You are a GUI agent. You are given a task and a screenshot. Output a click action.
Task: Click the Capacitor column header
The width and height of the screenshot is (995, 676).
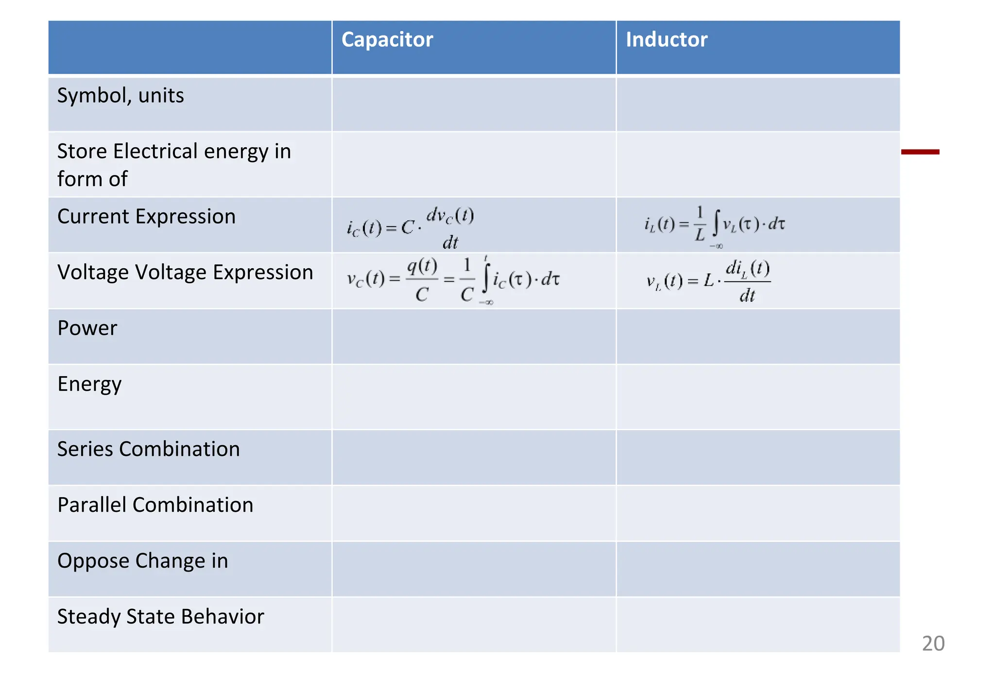[387, 40]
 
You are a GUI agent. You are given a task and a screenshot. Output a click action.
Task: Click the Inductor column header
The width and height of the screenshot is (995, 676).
[666, 40]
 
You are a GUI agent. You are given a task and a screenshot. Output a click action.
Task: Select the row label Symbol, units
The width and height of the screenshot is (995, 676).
[120, 96]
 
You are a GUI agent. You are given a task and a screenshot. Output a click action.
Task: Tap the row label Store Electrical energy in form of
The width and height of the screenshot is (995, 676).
[173, 165]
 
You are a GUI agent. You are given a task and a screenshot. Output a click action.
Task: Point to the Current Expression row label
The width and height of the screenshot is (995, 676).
[146, 217]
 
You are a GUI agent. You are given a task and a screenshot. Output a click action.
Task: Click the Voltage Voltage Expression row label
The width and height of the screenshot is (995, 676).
[185, 273]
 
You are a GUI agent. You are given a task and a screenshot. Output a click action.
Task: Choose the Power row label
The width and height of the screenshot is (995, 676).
[87, 329]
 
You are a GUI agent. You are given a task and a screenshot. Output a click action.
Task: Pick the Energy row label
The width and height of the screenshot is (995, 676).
[89, 384]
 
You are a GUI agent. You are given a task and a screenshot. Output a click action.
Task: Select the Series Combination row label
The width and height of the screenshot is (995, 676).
[148, 449]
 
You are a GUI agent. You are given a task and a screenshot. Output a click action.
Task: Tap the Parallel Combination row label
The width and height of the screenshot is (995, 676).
[155, 505]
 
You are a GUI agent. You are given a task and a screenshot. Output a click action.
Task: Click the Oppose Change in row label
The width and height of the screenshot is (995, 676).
[142, 561]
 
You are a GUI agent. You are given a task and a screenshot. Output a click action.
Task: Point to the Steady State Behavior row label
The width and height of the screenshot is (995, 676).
[160, 617]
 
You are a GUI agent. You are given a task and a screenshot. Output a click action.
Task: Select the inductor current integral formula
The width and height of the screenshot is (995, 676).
[714, 225]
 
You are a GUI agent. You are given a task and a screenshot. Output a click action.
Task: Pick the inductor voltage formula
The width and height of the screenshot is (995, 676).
[708, 281]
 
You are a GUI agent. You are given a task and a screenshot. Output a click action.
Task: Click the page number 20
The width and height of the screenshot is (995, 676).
[933, 643]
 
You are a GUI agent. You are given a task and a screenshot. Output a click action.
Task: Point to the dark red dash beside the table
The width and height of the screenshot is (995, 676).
[920, 152]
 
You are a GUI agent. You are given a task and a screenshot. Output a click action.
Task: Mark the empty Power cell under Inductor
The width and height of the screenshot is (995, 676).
[758, 336]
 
